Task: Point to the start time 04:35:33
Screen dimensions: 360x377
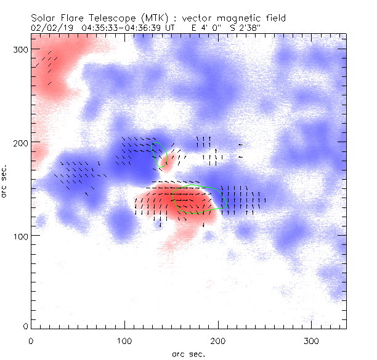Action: pos(100,28)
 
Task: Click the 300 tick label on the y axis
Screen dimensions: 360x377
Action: pos(19,49)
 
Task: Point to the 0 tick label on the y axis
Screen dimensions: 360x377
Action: pos(24,326)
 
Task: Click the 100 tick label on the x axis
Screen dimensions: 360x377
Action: pos(124,340)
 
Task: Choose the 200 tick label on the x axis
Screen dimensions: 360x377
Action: pos(218,340)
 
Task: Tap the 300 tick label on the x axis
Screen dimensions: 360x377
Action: pos(312,340)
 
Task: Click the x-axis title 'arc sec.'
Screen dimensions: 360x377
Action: pos(188,354)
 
